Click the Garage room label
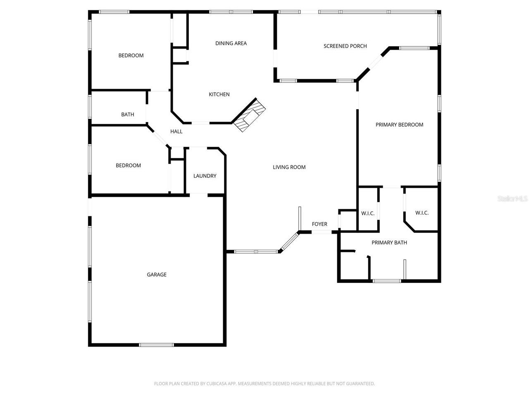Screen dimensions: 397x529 [157, 275]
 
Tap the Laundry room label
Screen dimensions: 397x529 [205, 176]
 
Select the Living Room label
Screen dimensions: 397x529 [289, 167]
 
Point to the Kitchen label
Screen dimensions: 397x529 [219, 94]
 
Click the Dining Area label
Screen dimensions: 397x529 [231, 43]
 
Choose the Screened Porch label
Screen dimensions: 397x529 [345, 46]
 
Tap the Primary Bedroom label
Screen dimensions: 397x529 [399, 124]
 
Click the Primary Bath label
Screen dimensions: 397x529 [389, 242]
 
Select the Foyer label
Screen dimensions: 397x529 [319, 224]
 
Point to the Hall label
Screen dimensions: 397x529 [176, 132]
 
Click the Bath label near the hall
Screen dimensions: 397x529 [127, 115]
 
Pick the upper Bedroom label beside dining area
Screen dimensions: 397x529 [131, 55]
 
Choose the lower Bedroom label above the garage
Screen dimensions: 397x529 [128, 165]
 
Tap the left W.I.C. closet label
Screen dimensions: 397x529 [368, 213]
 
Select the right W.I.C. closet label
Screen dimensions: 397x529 [422, 213]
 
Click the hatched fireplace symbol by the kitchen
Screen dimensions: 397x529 [249, 115]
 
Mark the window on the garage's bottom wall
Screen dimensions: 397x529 [156, 344]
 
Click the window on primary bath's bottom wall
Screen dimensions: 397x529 [387, 281]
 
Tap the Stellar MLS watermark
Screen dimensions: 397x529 [512, 199]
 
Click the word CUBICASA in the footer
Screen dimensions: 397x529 [217, 384]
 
